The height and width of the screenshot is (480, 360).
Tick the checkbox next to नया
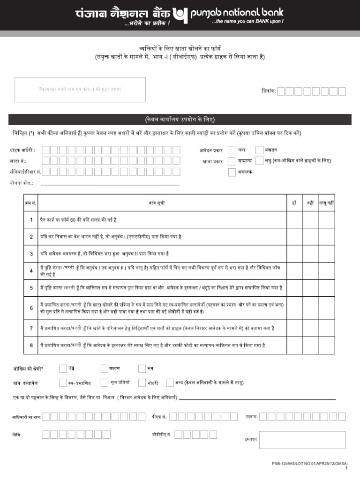point(232,150)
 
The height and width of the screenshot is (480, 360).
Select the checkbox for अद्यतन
point(260,150)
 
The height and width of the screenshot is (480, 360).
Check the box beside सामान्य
point(232,161)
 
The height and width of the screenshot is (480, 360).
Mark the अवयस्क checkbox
point(232,172)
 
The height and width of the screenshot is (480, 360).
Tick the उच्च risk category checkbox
point(63,368)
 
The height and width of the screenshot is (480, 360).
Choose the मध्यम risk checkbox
point(104,368)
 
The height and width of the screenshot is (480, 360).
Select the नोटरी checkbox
point(142,382)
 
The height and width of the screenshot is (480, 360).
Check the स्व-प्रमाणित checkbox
point(63,382)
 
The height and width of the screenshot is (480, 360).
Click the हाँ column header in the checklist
point(294,203)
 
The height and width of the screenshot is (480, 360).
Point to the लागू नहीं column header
point(327,203)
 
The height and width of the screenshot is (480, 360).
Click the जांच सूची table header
point(157,203)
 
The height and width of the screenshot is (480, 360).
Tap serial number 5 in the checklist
point(31,288)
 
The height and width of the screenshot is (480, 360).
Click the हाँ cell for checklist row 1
point(295,219)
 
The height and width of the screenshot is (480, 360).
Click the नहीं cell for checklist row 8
point(310,345)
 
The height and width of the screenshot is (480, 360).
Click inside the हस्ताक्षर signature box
point(302,440)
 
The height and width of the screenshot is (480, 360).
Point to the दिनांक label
point(268,91)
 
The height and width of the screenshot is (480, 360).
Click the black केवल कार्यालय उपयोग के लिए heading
point(180,119)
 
